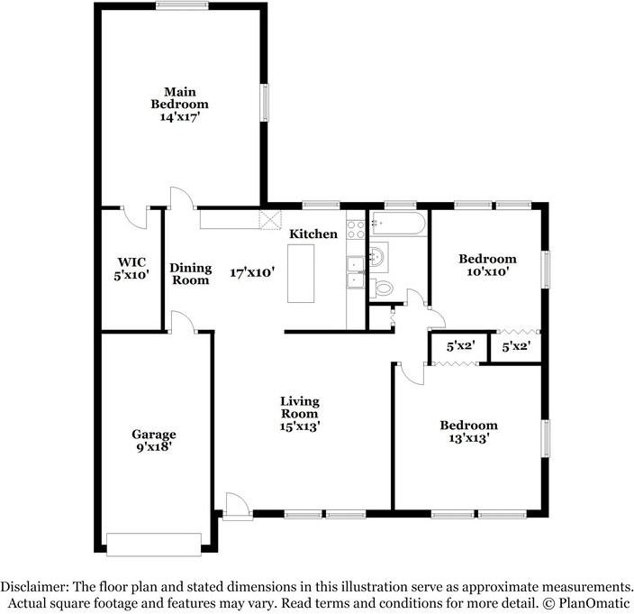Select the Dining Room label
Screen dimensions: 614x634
click(x=191, y=274)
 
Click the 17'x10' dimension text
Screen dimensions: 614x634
click(x=251, y=271)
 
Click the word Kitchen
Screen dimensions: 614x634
click(x=313, y=234)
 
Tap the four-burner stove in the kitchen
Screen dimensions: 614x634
click(x=356, y=229)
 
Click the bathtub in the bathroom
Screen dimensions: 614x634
click(x=397, y=225)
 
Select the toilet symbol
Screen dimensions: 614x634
click(x=383, y=289)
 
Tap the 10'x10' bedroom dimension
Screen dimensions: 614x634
click(x=491, y=271)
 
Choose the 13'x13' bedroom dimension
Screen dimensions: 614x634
click(x=468, y=439)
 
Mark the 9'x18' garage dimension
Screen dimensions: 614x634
click(x=155, y=446)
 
